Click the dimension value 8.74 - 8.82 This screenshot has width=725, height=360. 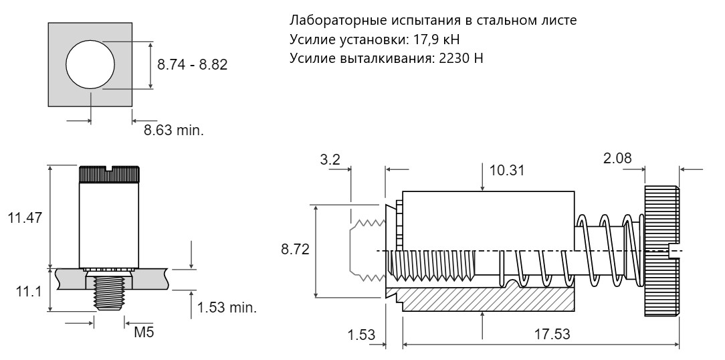click(x=193, y=64)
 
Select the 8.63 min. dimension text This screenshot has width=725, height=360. click(x=173, y=130)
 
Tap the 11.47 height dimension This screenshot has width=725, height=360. click(x=25, y=217)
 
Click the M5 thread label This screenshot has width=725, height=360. click(x=144, y=332)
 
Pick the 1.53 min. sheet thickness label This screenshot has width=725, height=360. click(x=227, y=308)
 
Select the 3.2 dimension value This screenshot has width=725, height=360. click(x=330, y=160)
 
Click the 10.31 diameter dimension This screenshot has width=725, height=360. click(x=507, y=170)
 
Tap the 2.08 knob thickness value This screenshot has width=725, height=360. click(x=617, y=158)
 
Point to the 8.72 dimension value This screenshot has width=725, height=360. click(x=295, y=250)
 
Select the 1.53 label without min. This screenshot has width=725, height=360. click(x=360, y=334)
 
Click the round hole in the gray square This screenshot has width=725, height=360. click(x=90, y=64)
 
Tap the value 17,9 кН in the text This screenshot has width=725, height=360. click(x=434, y=39)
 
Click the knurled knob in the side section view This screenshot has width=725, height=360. click(x=662, y=251)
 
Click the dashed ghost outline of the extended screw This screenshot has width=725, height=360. click(x=367, y=250)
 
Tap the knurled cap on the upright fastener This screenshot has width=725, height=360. click(x=108, y=174)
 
